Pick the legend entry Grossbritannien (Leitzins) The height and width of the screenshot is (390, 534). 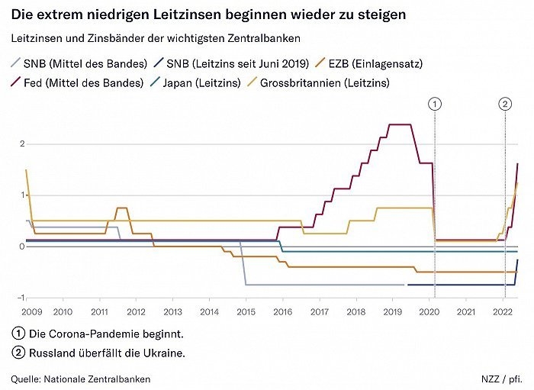(325, 82)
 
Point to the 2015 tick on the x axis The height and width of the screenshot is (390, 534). (246, 311)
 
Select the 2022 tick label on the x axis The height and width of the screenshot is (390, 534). (502, 311)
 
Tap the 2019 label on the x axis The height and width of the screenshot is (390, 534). (392, 311)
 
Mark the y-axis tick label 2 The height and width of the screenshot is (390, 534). (23, 143)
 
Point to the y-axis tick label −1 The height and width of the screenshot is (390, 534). (21, 298)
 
